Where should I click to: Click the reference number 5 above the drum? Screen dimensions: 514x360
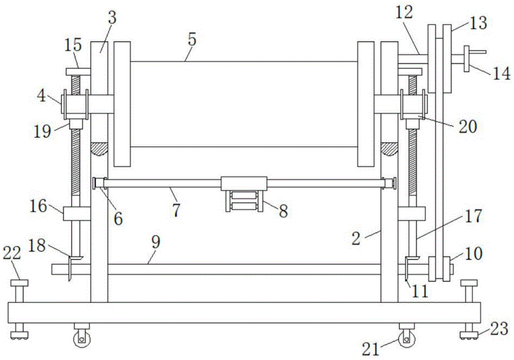click(192, 40)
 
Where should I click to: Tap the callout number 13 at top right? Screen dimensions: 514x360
click(478, 23)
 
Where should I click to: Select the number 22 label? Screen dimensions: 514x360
click(12, 254)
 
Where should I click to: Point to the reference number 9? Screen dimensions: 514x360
click(156, 243)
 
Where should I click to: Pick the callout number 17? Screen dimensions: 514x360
click(473, 215)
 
